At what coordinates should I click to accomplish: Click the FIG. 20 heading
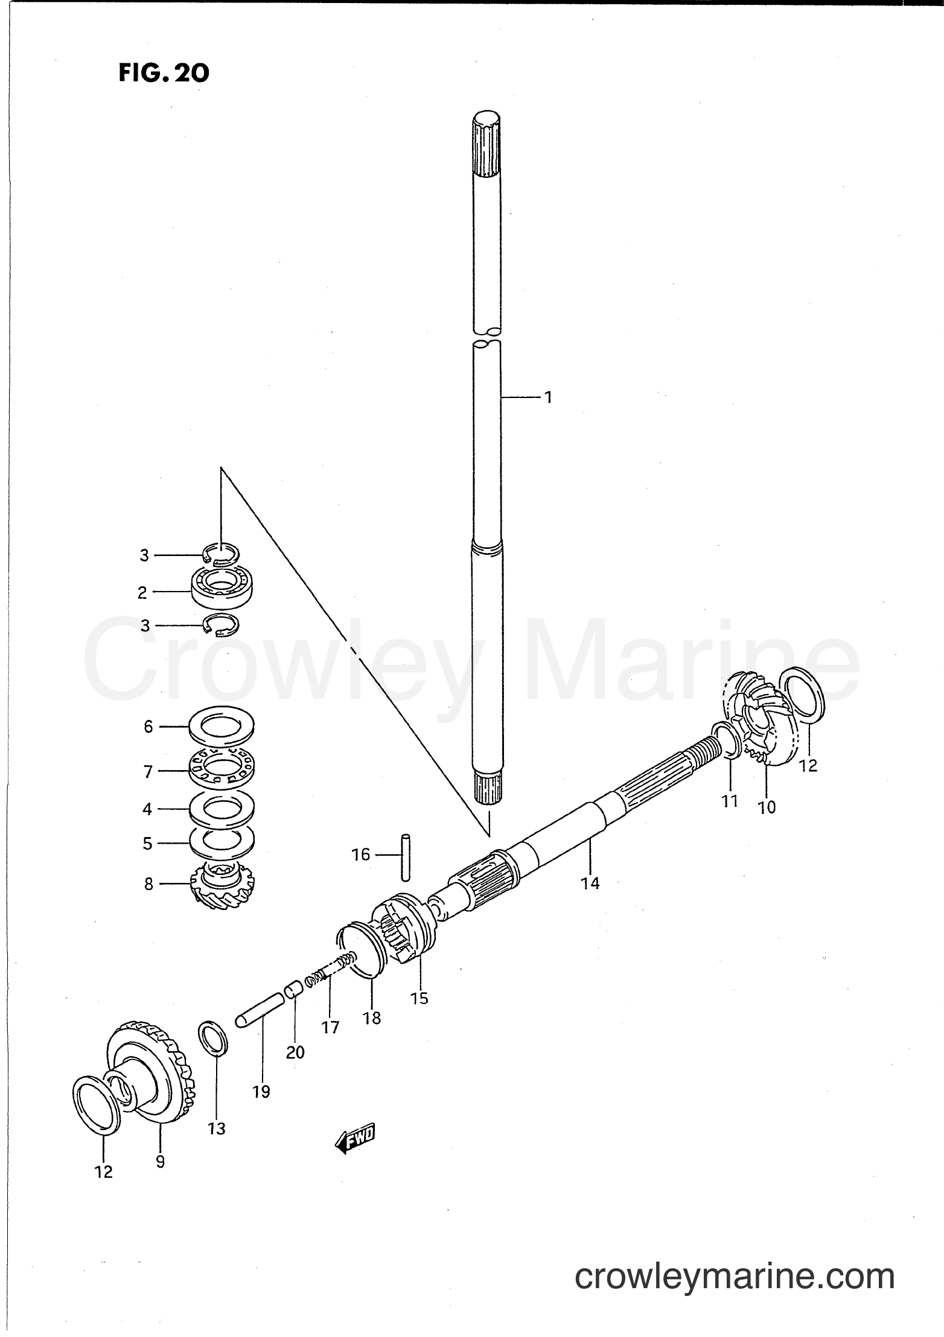(164, 73)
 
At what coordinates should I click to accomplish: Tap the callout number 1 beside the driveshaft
(548, 397)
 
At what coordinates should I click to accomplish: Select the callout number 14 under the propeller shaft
(590, 883)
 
